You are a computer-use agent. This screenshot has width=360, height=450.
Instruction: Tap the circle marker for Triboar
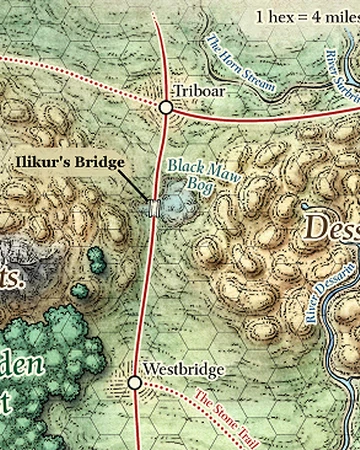point(167,107)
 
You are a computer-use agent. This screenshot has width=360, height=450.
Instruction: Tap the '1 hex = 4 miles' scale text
point(305,16)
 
